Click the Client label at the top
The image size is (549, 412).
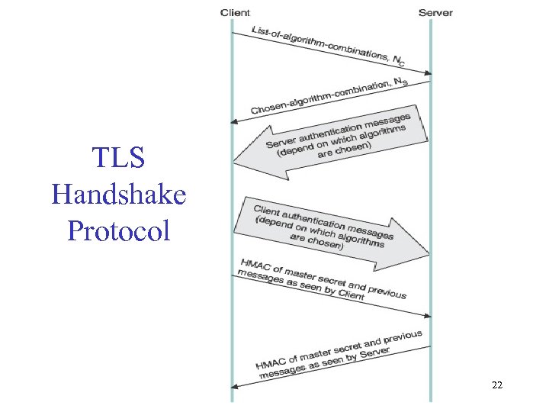(235, 12)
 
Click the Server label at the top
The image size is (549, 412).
(435, 12)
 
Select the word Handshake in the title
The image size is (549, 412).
(118, 195)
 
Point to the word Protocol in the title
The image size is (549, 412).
(118, 230)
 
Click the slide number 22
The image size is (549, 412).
(496, 386)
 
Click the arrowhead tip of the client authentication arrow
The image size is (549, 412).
(429, 253)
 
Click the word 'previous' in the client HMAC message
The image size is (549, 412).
(388, 291)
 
